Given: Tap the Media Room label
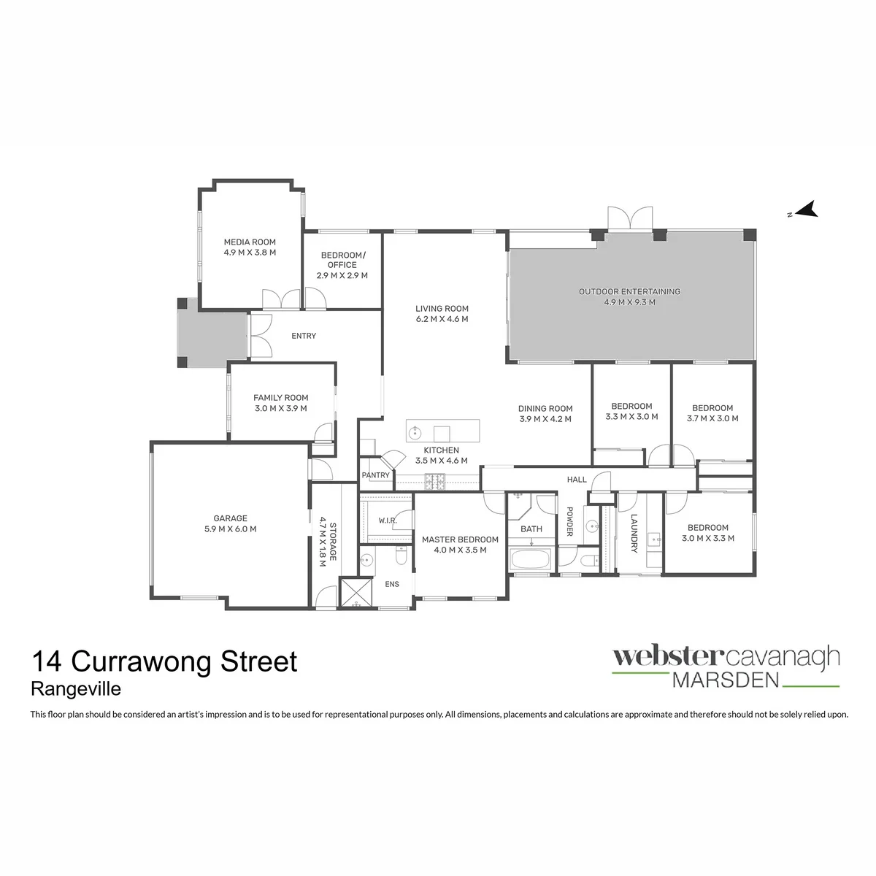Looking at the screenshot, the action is tap(250, 242).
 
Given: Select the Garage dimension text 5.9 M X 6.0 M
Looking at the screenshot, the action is tap(230, 529).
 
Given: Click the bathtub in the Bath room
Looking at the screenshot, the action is tap(531, 558).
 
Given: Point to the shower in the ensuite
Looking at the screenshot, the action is tap(356, 591).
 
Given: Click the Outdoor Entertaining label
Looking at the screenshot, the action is tap(629, 291).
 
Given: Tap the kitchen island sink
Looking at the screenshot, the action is tap(415, 432).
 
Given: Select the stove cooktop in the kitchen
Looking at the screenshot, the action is tap(434, 482).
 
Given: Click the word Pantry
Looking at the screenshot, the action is tap(375, 475).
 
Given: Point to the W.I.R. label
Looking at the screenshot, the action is tap(388, 520).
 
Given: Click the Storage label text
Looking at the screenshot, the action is tap(333, 542).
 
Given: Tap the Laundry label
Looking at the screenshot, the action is tap(634, 533).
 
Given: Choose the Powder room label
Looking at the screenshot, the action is tap(569, 521).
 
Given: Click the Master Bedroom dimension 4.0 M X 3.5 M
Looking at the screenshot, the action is tap(460, 550).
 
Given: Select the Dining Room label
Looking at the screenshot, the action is tap(545, 408).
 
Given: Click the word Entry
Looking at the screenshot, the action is tap(304, 336).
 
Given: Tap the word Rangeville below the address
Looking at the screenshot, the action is tap(76, 689).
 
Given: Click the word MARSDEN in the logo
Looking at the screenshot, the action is tap(726, 680).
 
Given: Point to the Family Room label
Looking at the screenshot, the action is tap(280, 397).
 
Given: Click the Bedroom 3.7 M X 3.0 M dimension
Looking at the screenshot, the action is tap(712, 418).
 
